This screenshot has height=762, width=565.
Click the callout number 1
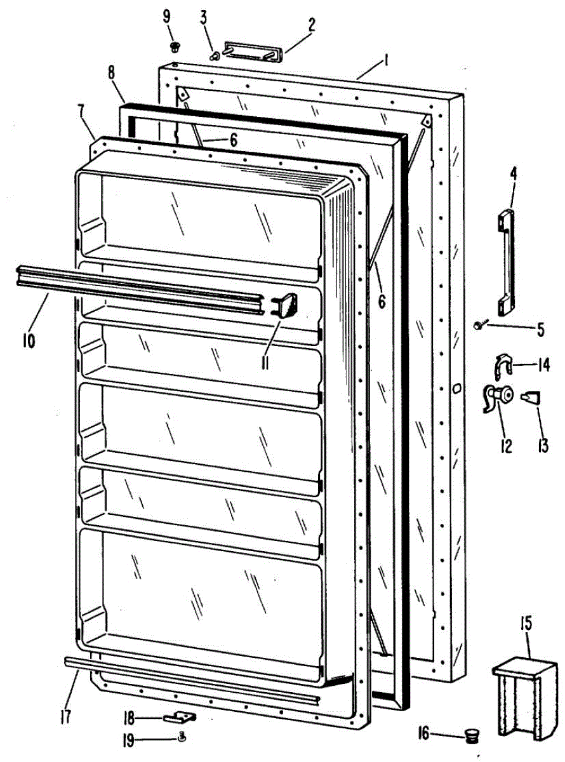tap(385, 62)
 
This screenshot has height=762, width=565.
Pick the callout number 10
tap(29, 340)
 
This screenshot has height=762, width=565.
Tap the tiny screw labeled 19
tap(182, 737)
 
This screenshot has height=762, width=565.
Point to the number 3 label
tap(203, 17)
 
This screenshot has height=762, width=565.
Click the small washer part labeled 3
tap(214, 56)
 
